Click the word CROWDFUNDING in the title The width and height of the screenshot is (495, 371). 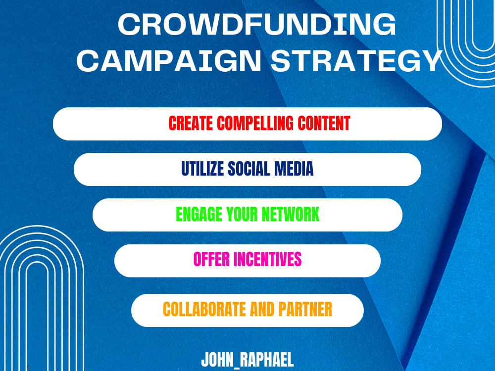257,25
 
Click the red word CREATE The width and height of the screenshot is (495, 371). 190,123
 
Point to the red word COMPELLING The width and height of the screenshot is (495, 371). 257,123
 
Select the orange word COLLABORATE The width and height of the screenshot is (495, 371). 203,310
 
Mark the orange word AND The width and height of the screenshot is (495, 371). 261,310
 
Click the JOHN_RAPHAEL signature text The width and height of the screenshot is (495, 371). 247,360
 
